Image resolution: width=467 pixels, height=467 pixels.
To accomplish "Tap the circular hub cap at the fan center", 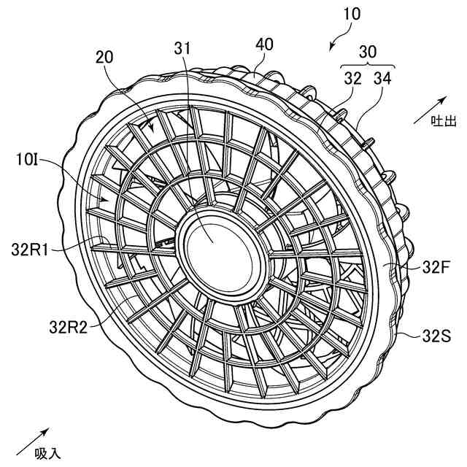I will [x=211, y=240].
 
